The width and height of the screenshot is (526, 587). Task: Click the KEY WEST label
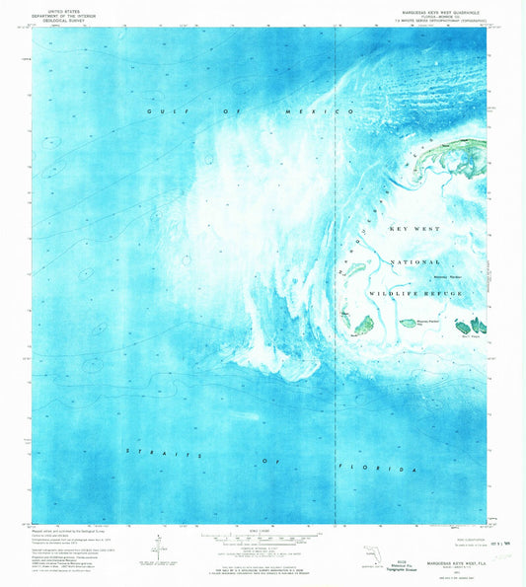coord(412,229)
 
